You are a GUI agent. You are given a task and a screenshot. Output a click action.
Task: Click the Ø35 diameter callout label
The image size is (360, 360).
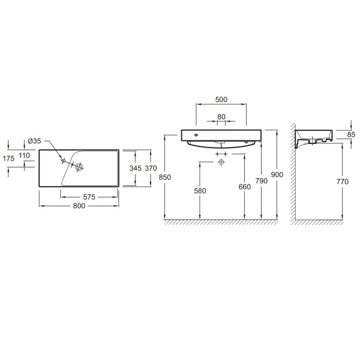point(34,141)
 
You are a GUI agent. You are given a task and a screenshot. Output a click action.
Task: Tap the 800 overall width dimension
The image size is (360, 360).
point(79,206)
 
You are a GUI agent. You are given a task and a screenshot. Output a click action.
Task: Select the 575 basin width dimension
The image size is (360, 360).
point(89,197)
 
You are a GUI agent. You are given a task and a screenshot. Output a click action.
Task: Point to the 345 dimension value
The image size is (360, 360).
point(135,168)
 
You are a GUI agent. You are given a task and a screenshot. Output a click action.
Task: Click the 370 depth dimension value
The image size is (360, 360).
point(151,168)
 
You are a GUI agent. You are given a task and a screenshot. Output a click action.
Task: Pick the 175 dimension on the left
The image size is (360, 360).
point(8,158)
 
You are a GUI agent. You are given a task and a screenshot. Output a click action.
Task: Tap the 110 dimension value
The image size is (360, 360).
point(25,155)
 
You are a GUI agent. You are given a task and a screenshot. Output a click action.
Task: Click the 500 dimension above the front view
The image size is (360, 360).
point(221,100)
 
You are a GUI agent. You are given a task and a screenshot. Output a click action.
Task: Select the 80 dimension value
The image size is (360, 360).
point(221,117)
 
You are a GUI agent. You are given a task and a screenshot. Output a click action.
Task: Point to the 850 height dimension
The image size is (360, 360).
point(165,177)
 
